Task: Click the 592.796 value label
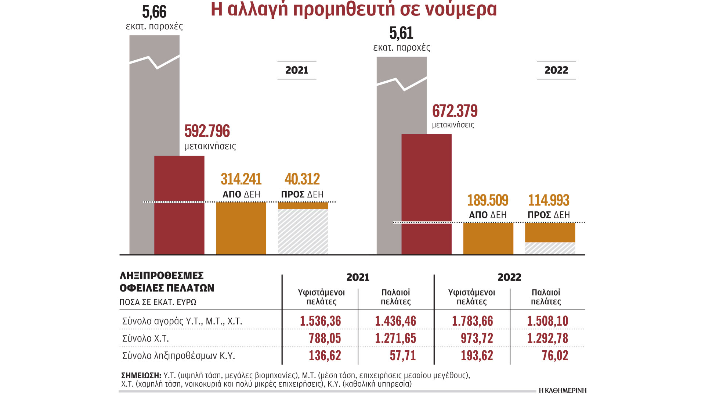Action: click(x=207, y=131)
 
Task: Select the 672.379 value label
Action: click(x=455, y=111)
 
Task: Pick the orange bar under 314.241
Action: click(x=241, y=228)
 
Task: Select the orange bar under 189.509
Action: click(x=488, y=239)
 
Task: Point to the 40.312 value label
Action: click(x=302, y=179)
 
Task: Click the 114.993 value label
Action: click(x=549, y=200)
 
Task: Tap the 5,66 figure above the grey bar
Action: click(x=154, y=12)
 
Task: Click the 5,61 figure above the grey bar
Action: click(x=401, y=33)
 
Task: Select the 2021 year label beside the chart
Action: click(x=297, y=70)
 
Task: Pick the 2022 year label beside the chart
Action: click(x=556, y=70)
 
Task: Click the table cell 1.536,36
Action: click(x=320, y=321)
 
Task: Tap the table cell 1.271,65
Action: click(x=395, y=338)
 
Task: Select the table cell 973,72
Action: click(x=477, y=338)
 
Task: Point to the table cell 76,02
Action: click(x=555, y=355)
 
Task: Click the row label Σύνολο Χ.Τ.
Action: click(x=145, y=338)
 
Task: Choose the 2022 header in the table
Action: click(x=509, y=277)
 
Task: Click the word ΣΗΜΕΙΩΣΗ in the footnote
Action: click(x=141, y=375)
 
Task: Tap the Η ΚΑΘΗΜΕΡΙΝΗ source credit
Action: click(x=563, y=390)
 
